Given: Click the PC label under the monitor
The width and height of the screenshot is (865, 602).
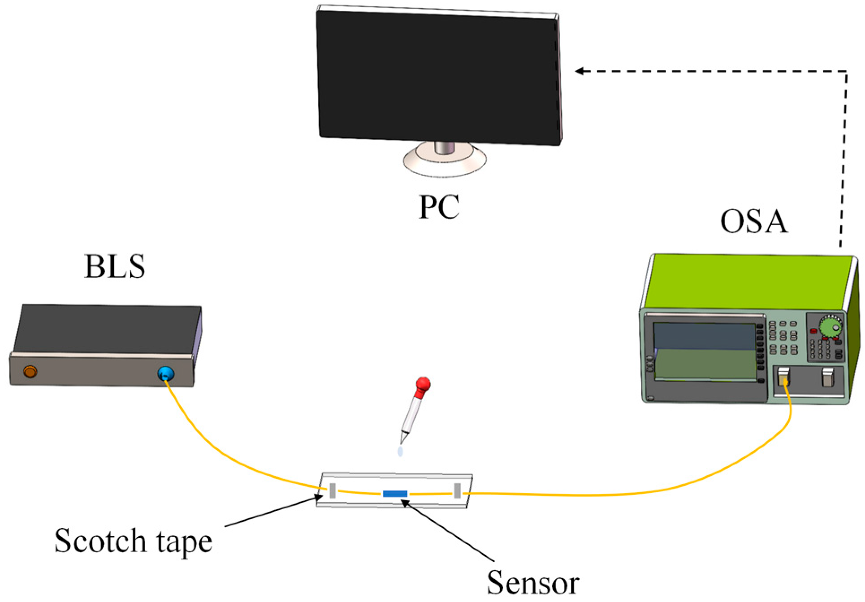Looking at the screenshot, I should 439,207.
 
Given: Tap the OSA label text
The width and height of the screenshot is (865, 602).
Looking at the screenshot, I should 753,221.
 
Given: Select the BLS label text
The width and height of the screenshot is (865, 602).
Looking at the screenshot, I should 115,267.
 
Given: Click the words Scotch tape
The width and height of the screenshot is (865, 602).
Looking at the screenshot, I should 133,542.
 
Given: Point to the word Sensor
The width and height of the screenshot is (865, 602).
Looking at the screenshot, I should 533,583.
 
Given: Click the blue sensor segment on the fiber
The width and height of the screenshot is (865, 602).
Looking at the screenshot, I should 394,494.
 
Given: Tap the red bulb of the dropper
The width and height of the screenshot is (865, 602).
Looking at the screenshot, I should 423,385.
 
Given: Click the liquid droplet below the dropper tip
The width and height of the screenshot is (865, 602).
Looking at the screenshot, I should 400,451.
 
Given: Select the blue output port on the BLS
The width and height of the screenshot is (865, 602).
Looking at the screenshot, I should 165,373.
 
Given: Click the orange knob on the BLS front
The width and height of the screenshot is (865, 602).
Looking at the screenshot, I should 30,371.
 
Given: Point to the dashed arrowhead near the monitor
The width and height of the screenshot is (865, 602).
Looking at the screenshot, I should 580,71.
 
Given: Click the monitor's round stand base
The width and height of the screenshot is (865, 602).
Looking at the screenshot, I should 445,161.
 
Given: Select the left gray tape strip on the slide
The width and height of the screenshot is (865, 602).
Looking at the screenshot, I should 332,490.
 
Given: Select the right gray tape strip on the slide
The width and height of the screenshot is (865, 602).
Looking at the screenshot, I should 457,490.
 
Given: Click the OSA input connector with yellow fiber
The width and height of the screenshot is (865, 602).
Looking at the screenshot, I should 783,377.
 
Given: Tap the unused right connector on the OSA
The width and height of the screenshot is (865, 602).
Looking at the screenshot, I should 827,377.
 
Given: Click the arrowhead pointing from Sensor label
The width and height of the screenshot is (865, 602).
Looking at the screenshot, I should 405,503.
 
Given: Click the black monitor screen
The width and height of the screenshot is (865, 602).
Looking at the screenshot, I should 438,76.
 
